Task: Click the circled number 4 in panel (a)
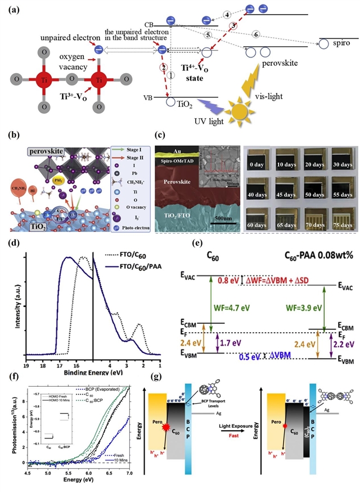click(x=227, y=14)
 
